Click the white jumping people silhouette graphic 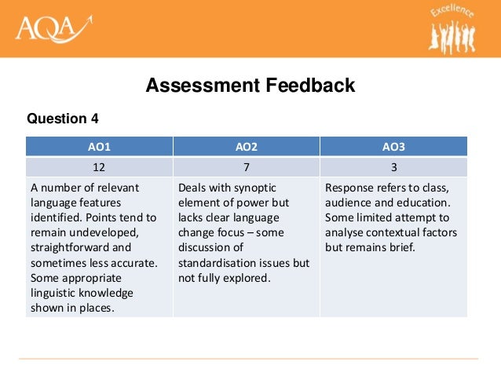[x=455, y=35]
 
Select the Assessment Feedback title [x=251, y=85]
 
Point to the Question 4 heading [x=63, y=119]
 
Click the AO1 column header [x=99, y=146]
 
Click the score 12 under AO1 [x=99, y=166]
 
